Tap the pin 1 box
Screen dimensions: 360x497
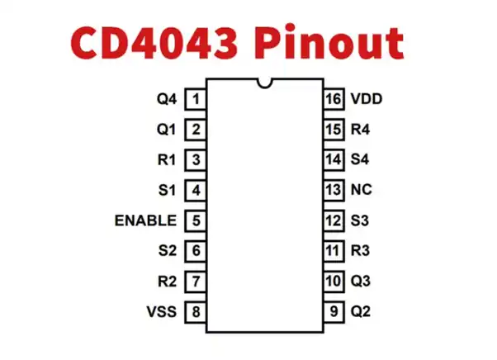[x=195, y=99]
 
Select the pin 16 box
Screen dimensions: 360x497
[x=333, y=99]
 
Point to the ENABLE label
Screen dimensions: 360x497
[x=145, y=220]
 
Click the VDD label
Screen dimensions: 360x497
[x=366, y=99]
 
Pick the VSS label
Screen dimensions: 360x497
[x=163, y=312]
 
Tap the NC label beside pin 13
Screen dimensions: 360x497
[x=361, y=190]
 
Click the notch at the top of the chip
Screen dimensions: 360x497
[x=264, y=83]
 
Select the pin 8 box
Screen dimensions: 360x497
[x=195, y=312]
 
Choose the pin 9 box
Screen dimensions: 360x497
[x=333, y=312]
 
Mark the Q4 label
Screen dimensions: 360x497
[x=167, y=99]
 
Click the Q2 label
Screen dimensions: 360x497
[x=361, y=312]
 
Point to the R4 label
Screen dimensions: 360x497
[x=361, y=130]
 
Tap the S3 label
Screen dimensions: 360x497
[x=360, y=220]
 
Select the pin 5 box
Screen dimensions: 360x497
[x=195, y=220]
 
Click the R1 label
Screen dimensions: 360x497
[x=167, y=159]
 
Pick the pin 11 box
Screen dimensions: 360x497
[x=333, y=251]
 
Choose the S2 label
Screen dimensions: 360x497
[x=167, y=251]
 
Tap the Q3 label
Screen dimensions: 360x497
[x=361, y=282]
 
